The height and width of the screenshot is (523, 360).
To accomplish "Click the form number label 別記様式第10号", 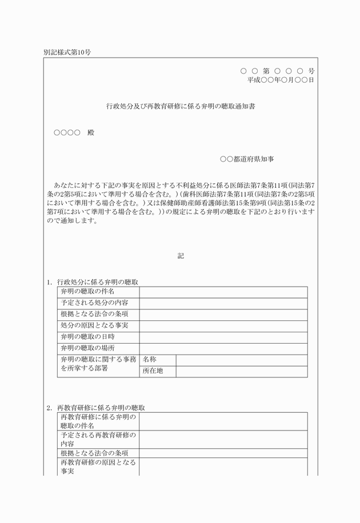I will [67, 52].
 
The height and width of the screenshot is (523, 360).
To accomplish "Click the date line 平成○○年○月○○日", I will [281, 81].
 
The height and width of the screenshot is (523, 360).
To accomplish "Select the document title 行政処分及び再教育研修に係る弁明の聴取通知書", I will [181, 106].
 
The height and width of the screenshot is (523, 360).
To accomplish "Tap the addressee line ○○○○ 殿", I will [74, 132].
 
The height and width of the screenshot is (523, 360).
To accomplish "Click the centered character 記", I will [181, 256].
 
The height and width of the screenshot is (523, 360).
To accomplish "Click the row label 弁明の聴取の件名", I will [83, 292].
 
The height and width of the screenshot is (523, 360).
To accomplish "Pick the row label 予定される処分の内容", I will [94, 303].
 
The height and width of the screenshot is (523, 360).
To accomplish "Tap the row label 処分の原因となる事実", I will [94, 325].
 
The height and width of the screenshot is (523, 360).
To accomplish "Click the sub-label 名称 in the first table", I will [150, 360].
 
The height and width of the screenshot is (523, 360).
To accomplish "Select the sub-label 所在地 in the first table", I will [153, 371].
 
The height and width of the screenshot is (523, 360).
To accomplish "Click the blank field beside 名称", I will [241, 360].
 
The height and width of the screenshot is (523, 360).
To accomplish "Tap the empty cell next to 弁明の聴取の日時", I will [223, 337].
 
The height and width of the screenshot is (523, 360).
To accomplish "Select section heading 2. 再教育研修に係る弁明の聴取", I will [95, 408].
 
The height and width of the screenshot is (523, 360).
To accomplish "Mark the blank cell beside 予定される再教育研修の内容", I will [223, 439].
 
